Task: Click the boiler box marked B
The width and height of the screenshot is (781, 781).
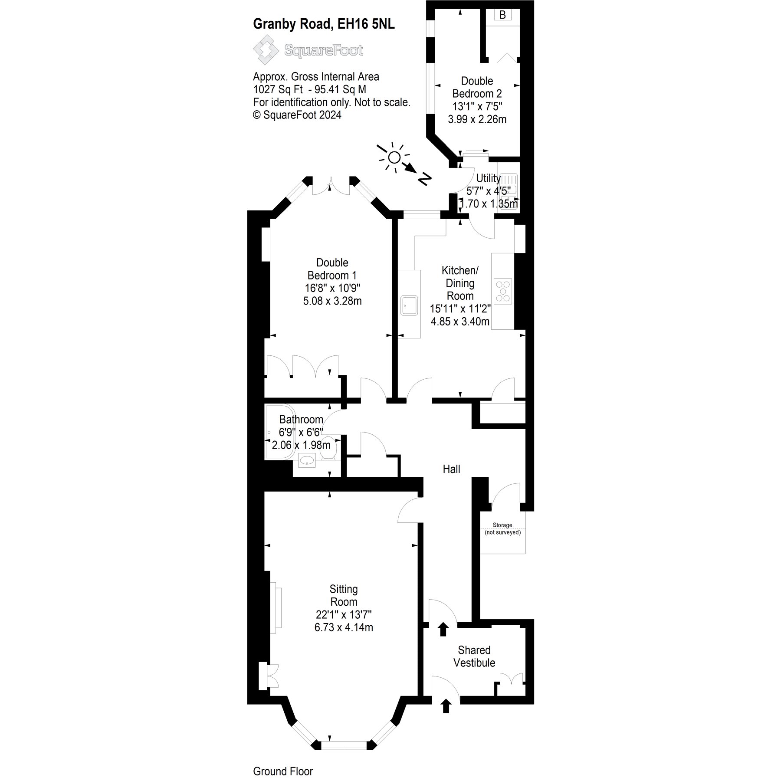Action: (x=502, y=15)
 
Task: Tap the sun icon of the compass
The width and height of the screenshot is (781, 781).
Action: (x=394, y=158)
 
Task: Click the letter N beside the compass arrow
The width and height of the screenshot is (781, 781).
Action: (x=425, y=178)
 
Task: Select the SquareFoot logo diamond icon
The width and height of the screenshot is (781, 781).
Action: (x=266, y=50)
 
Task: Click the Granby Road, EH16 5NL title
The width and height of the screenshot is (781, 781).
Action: (x=324, y=24)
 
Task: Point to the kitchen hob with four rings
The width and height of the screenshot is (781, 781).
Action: (x=503, y=290)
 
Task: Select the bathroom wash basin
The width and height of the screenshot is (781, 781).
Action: (x=307, y=460)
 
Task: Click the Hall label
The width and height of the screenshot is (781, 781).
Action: (x=451, y=469)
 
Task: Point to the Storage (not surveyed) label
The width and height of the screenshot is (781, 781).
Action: (x=502, y=528)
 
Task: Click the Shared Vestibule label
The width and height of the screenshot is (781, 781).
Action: (x=474, y=656)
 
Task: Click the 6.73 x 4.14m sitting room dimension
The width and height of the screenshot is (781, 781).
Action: (x=344, y=627)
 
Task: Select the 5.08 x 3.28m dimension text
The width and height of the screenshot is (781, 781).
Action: (x=332, y=301)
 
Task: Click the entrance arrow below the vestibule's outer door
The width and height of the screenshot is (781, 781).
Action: (x=445, y=718)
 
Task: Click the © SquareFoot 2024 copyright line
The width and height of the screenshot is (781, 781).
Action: (x=297, y=115)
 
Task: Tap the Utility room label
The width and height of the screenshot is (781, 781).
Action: (x=488, y=178)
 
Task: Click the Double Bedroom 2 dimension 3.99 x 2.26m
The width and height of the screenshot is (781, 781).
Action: (x=477, y=119)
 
